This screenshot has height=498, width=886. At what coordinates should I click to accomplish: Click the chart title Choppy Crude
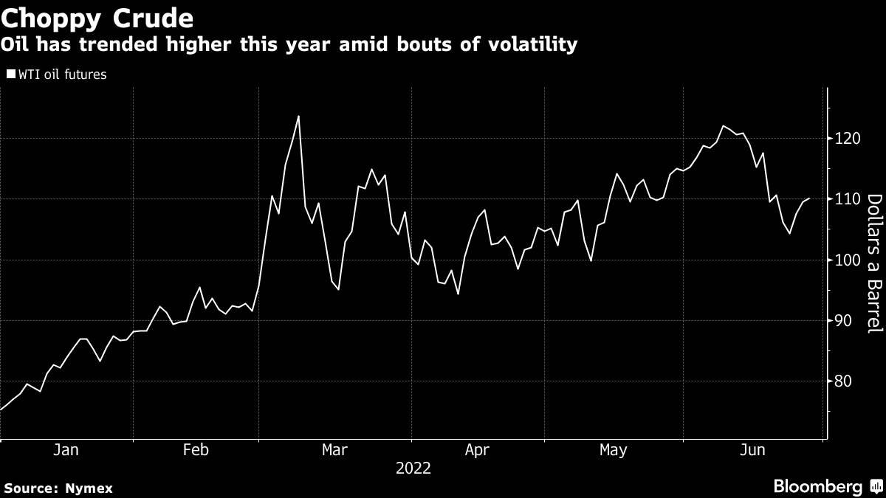click(97, 17)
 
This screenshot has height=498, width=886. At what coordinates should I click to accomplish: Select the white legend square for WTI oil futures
click(10, 74)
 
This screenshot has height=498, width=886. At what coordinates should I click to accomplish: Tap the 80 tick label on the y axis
click(842, 381)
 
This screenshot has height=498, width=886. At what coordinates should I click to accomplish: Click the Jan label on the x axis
click(66, 450)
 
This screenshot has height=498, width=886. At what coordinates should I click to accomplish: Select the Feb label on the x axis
click(196, 450)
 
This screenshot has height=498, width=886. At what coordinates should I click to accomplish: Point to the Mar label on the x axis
click(335, 450)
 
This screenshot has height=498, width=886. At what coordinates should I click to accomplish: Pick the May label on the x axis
click(613, 450)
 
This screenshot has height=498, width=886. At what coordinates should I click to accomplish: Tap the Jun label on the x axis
click(753, 450)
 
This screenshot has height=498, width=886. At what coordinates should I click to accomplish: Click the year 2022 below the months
click(413, 468)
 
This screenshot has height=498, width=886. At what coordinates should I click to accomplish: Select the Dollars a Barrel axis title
click(874, 273)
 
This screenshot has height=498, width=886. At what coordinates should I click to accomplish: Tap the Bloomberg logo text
click(817, 486)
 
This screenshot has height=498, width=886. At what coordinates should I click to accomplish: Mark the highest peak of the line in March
click(298, 116)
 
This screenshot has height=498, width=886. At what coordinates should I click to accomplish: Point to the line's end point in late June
click(810, 198)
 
